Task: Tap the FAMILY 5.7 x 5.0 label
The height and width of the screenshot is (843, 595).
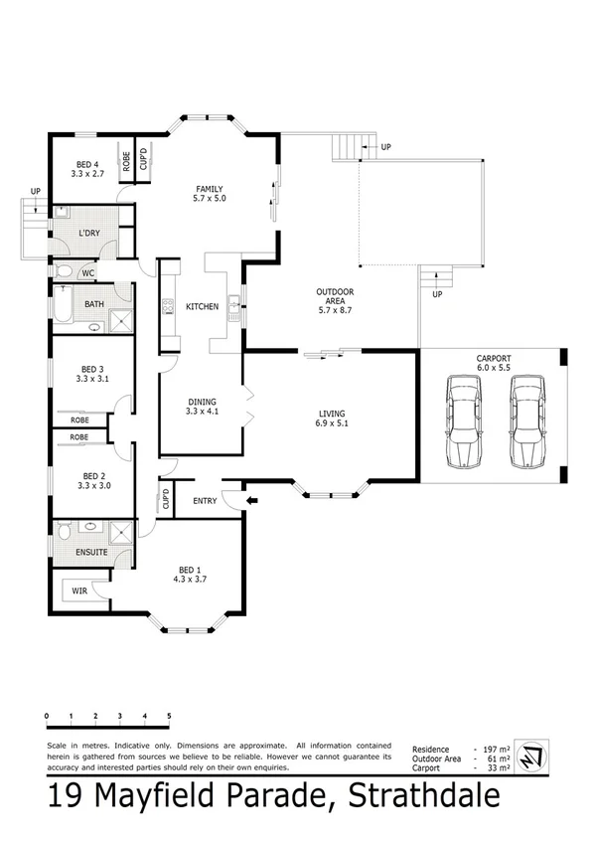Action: coord(209,194)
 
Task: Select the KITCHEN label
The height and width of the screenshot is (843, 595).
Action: coord(202,307)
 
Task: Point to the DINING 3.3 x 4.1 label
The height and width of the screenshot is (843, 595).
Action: coord(202,406)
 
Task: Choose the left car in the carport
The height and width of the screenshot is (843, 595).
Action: coord(462,421)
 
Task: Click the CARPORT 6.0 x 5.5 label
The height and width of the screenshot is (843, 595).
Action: coord(494,362)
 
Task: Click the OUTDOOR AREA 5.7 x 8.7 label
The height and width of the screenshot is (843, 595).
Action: coord(335,300)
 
